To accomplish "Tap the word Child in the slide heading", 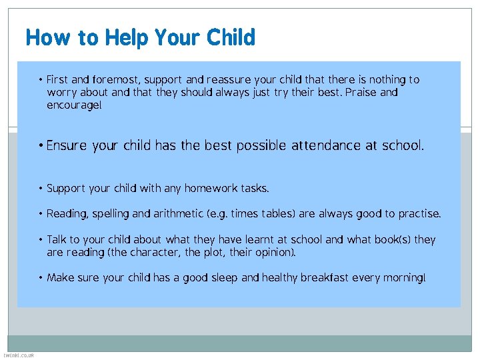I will [x=231, y=37].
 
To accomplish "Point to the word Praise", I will [x=361, y=93].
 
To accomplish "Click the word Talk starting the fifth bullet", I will [x=57, y=239].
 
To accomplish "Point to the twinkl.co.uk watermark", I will [x=18, y=355].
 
